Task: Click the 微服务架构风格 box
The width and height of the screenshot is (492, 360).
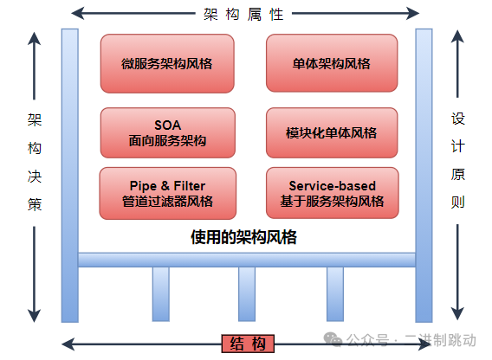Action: tap(167, 64)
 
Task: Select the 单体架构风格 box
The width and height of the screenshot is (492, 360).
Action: tap(332, 63)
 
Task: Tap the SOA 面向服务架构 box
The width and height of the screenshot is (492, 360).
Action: tap(167, 133)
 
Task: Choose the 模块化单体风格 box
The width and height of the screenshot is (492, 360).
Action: tap(332, 133)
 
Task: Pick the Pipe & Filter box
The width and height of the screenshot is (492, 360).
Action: tap(167, 193)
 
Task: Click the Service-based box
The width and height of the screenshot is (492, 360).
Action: tap(333, 193)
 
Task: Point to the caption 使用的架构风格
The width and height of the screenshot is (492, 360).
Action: tap(243, 237)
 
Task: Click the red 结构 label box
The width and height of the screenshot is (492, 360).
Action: tap(248, 344)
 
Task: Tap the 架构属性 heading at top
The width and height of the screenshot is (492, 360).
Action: tap(243, 14)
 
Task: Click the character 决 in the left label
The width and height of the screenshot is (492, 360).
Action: tap(35, 177)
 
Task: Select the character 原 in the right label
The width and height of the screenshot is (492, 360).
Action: tap(458, 174)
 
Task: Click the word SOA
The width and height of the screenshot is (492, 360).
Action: tap(167, 125)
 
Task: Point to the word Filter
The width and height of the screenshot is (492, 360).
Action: tap(190, 186)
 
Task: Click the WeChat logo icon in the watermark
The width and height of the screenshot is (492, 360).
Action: tap(333, 339)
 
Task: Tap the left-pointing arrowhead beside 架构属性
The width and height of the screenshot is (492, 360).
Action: tap(77, 13)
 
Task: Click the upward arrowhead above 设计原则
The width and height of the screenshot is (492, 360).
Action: tap(457, 36)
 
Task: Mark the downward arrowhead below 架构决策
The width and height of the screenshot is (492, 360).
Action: tap(34, 316)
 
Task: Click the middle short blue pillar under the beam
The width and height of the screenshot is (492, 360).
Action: tap(247, 294)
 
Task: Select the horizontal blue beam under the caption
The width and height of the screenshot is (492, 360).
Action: tap(247, 260)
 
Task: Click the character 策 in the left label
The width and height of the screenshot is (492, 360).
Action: tap(35, 205)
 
